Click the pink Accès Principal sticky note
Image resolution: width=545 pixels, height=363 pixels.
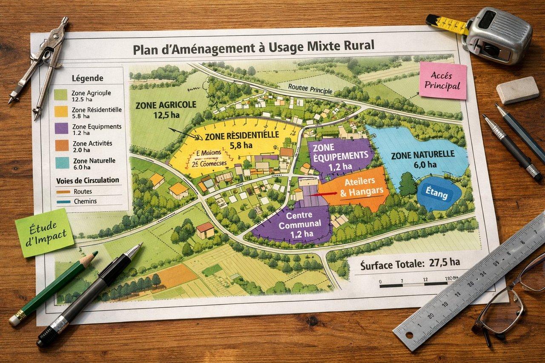(x=443, y=80)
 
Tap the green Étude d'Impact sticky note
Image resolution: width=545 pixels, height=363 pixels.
(x=44, y=232)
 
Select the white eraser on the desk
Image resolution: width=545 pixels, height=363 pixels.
(x=517, y=90)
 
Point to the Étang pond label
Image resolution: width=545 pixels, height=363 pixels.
(x=436, y=194)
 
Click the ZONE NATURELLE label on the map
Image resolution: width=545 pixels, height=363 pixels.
(x=423, y=158)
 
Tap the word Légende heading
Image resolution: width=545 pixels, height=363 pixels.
(x=88, y=78)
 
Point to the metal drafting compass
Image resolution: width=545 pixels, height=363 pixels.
(x=43, y=64)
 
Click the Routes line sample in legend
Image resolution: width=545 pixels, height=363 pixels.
(x=62, y=192)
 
